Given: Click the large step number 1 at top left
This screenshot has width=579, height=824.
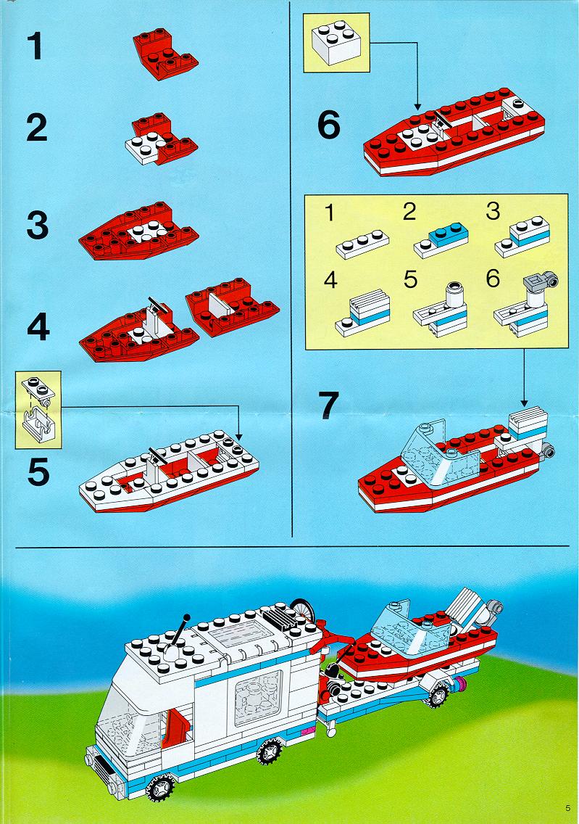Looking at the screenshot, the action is click(x=36, y=46).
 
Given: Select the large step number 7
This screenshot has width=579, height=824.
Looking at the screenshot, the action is click(x=329, y=405).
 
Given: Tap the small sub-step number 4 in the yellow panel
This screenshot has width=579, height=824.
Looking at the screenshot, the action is click(x=330, y=280).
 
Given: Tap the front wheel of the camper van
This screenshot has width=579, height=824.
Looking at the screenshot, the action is click(x=160, y=787).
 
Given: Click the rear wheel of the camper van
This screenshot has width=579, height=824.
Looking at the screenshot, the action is click(x=270, y=751).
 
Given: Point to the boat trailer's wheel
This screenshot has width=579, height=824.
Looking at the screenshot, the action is click(x=437, y=696).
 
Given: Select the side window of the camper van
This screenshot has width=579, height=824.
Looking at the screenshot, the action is click(x=258, y=697).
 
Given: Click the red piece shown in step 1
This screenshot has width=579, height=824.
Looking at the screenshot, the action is click(x=164, y=54).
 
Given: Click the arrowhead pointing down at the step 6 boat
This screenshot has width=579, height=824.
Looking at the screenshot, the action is click(x=417, y=107).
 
